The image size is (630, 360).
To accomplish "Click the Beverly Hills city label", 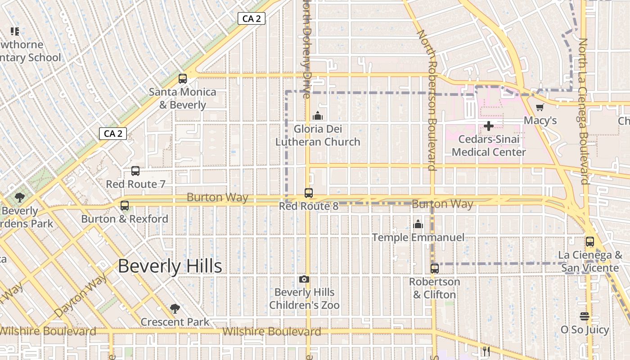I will pyautogui.click(x=170, y=266).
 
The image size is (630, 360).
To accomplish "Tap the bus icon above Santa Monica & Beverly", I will pyautogui.click(x=183, y=79).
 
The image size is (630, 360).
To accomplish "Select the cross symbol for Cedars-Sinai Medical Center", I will pyautogui.click(x=489, y=126).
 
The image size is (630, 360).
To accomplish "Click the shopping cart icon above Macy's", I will pyautogui.click(x=540, y=107).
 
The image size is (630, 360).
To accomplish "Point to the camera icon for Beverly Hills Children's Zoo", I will pyautogui.click(x=304, y=279).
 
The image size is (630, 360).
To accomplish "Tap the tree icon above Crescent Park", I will pyautogui.click(x=175, y=309).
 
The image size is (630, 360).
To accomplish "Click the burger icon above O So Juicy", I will pyautogui.click(x=585, y=316).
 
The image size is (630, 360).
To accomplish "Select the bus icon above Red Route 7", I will pyautogui.click(x=135, y=171).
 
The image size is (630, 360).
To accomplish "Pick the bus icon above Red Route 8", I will pyautogui.click(x=309, y=193).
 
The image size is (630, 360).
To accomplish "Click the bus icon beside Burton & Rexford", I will pyautogui.click(x=125, y=206).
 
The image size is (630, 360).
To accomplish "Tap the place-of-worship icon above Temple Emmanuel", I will pyautogui.click(x=418, y=224).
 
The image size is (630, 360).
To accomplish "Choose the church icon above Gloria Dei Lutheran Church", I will pyautogui.click(x=318, y=116).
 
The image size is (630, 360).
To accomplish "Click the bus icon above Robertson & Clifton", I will pyautogui.click(x=435, y=269).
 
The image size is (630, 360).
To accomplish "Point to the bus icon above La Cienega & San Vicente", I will pyautogui.click(x=590, y=242).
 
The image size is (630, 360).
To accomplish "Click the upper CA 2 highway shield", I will pyautogui.click(x=252, y=18).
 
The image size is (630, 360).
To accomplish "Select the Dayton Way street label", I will pyautogui.click(x=81, y=295).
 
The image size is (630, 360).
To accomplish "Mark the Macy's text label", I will pyautogui.click(x=540, y=121).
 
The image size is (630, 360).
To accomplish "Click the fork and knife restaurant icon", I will pyautogui.click(x=486, y=351).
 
